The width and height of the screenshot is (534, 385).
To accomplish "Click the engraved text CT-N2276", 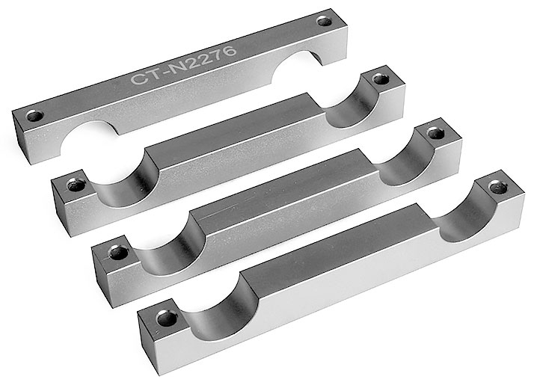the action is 183,65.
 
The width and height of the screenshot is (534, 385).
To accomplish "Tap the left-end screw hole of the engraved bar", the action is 35,116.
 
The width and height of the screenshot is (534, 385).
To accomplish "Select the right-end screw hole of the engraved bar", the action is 325,22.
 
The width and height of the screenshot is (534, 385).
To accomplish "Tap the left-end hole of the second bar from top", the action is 76,185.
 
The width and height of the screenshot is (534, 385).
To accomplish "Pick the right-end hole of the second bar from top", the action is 381,80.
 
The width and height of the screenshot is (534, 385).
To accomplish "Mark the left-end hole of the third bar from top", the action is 118,253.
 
